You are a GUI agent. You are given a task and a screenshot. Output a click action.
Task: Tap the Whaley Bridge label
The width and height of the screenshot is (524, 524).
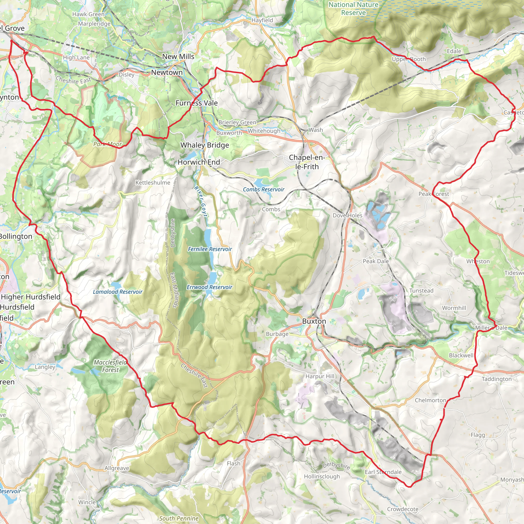(205, 145)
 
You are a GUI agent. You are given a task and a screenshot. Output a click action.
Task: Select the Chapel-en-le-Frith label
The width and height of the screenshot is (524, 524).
(307, 162)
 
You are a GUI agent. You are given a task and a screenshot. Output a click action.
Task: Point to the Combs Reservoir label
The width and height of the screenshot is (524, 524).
(263, 189)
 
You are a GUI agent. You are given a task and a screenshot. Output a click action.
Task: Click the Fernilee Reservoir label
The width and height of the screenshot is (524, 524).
(210, 249)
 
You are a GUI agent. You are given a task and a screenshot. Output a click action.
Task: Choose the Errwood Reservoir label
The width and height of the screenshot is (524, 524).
(209, 287)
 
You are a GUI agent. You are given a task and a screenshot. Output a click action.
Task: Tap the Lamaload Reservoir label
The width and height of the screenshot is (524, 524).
(117, 292)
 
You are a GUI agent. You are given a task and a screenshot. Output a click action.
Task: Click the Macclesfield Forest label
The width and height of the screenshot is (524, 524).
(110, 366)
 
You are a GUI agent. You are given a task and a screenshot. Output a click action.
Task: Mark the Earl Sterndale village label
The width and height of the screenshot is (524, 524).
(383, 472)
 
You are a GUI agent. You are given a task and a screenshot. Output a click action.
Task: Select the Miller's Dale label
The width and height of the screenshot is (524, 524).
(491, 328)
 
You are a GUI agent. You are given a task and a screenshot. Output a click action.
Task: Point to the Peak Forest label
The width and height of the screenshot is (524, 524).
(434, 194)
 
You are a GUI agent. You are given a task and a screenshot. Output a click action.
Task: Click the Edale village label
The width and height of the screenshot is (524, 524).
(454, 51)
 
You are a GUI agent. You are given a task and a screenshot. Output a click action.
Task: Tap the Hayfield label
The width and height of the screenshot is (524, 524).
(262, 20)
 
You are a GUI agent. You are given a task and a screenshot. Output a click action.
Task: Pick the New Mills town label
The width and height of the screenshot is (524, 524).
(178, 56)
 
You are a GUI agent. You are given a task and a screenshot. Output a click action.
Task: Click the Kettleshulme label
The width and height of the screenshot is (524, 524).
(153, 182)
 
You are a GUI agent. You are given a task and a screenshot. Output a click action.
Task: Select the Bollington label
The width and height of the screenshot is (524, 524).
(16, 236)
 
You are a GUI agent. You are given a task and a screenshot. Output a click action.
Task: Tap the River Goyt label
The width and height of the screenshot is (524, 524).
(201, 202)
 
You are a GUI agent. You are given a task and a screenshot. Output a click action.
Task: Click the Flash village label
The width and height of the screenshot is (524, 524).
(234, 464)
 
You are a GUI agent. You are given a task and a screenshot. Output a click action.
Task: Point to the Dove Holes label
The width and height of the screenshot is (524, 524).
(347, 215)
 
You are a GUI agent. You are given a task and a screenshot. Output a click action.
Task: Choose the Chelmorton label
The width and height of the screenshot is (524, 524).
(430, 400)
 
